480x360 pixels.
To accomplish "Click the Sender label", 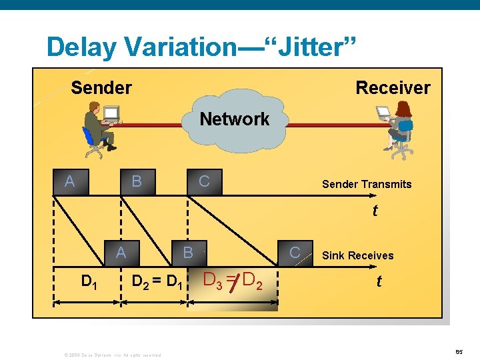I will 101,87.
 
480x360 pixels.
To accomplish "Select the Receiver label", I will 393,87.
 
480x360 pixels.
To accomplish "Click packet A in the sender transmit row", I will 69,181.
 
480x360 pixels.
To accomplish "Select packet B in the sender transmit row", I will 137,181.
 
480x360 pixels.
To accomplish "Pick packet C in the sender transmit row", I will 204,181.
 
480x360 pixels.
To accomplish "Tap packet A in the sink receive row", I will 121,252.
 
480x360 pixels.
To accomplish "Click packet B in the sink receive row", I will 188,252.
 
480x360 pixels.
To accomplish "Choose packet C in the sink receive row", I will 294,252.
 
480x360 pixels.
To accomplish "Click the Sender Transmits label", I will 367,184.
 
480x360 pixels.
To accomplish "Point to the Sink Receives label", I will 357,255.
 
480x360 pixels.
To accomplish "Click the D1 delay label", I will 87,281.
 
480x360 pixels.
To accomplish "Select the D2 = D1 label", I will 157,281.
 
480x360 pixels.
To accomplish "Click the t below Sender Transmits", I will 375,211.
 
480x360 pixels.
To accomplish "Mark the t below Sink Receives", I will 379,281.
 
